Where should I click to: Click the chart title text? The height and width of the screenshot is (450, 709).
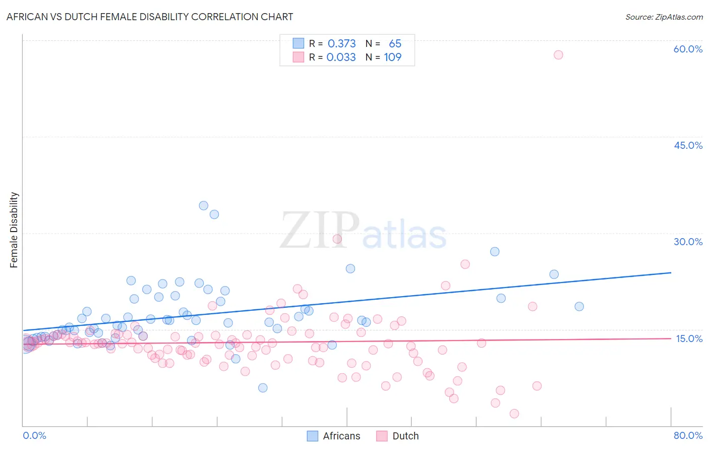(149, 17)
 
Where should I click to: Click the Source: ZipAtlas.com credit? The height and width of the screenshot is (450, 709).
(664, 17)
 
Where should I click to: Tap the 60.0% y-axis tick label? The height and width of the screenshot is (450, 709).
(688, 49)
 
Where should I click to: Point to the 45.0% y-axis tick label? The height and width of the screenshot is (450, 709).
(688, 145)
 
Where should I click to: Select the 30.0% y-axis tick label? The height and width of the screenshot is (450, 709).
(688, 242)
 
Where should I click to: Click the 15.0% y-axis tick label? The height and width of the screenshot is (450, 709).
(689, 338)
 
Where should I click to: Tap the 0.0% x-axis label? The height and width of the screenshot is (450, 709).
(34, 435)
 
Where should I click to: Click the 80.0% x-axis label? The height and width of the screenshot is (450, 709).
(688, 435)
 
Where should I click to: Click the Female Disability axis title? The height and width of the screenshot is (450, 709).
(14, 230)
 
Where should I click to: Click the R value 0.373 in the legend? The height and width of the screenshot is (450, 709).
(341, 44)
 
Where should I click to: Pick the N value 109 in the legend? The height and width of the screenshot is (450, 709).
(392, 58)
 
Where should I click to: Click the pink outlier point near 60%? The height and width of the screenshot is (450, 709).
(558, 54)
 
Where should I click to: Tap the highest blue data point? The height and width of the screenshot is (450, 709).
(204, 205)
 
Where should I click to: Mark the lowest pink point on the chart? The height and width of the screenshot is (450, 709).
(514, 414)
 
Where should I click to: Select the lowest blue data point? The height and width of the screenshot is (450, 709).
(263, 387)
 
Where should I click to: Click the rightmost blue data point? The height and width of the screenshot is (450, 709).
(579, 306)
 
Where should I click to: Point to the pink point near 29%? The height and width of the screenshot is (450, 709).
(337, 239)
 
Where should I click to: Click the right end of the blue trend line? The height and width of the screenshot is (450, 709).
(671, 272)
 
